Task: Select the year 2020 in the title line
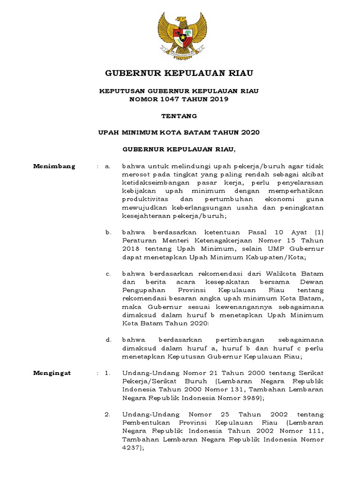click(250, 132)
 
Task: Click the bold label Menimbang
click(54, 166)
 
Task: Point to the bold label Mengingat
click(52, 373)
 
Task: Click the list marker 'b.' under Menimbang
click(108, 232)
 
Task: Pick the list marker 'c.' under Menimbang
click(108, 273)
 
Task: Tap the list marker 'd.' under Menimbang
click(108, 339)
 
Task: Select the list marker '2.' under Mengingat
click(107, 414)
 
